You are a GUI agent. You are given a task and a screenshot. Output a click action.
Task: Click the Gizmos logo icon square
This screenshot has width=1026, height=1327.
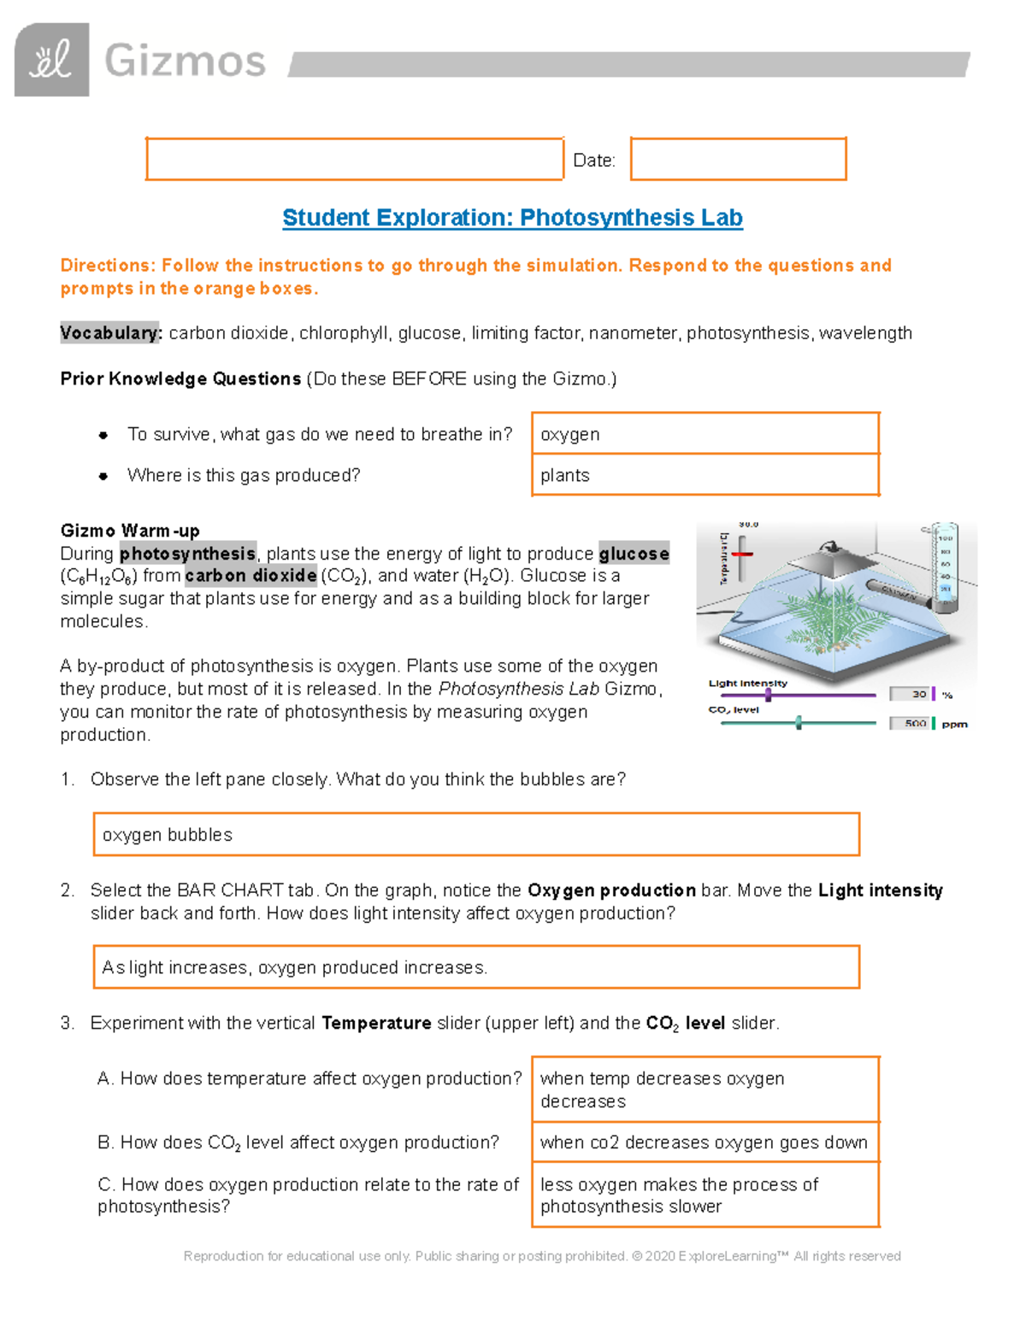pyautogui.click(x=51, y=60)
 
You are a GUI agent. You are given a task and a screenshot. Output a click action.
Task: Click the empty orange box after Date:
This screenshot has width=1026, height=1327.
pyautogui.click(x=738, y=159)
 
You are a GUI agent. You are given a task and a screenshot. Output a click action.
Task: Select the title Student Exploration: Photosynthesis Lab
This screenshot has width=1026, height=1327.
pyautogui.click(x=512, y=218)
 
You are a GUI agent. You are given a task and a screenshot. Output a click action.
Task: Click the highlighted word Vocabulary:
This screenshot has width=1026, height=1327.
pyautogui.click(x=111, y=333)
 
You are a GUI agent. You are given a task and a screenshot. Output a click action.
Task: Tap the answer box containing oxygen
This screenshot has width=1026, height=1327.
pyautogui.click(x=705, y=434)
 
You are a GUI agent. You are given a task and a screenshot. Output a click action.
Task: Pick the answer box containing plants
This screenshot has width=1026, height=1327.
pyautogui.click(x=705, y=475)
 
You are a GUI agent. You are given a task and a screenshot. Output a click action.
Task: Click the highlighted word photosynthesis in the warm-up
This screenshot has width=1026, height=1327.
pyautogui.click(x=187, y=554)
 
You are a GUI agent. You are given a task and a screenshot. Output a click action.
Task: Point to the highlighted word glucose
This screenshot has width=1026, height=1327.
pyautogui.click(x=634, y=554)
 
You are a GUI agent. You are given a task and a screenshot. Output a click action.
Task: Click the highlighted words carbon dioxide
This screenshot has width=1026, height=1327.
pyautogui.click(x=251, y=576)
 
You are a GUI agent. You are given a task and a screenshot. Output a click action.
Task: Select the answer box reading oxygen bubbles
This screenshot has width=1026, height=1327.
pyautogui.click(x=475, y=834)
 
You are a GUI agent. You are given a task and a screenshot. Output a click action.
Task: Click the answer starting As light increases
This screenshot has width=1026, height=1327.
pyautogui.click(x=475, y=967)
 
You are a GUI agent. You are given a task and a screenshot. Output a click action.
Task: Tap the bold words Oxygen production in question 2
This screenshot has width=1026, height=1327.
pyautogui.click(x=611, y=890)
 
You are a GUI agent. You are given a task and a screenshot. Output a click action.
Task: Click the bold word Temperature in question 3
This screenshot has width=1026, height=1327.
pyautogui.click(x=376, y=1023)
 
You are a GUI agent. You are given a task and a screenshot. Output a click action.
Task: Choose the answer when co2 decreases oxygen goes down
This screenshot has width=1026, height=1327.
pyautogui.click(x=705, y=1142)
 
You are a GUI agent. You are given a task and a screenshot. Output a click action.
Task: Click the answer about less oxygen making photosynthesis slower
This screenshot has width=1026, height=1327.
pyautogui.click(x=705, y=1195)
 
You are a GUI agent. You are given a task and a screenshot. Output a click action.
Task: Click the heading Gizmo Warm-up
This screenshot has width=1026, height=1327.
pyautogui.click(x=130, y=531)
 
